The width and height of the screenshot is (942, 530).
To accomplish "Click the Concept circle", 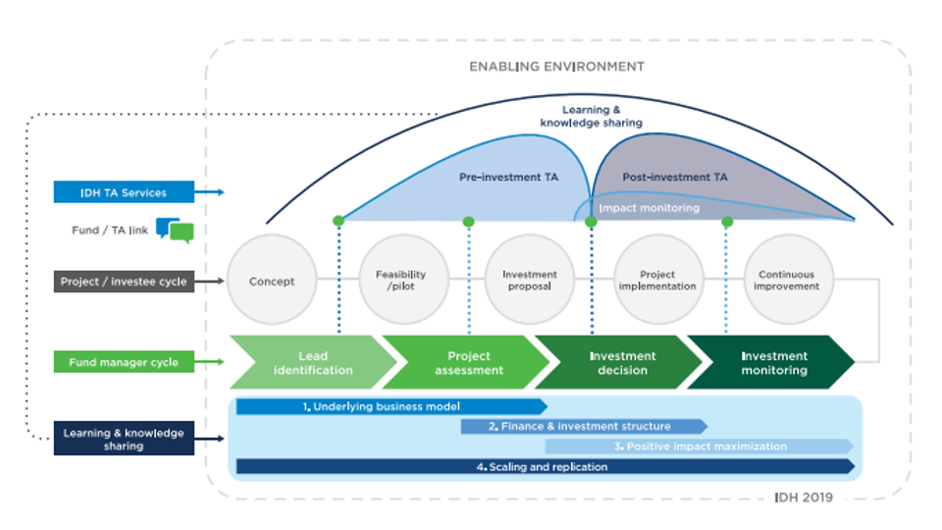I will [272, 281].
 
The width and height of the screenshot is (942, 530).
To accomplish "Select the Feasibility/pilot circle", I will [400, 281].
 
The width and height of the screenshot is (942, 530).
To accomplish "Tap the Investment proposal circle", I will [529, 281].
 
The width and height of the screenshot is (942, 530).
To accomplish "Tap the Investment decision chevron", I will [618, 363].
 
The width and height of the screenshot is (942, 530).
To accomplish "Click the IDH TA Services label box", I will [124, 192].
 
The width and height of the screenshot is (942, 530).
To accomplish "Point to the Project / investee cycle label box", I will [124, 282].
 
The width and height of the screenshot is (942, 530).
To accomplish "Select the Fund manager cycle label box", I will [124, 362].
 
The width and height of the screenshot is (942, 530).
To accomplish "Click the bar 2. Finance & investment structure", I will [583, 427].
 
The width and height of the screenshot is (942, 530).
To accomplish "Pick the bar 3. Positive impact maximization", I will [699, 447].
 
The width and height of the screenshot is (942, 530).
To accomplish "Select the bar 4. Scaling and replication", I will [545, 467].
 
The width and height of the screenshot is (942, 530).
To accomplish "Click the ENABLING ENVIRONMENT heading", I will [556, 67].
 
